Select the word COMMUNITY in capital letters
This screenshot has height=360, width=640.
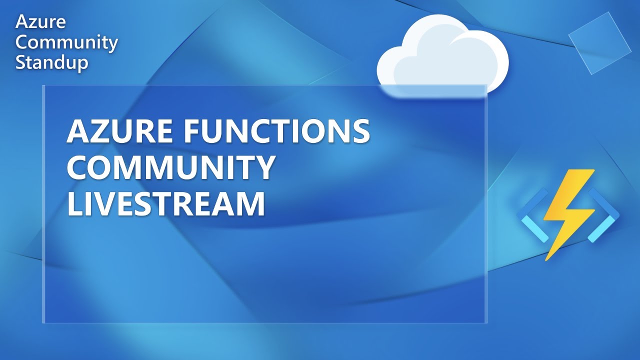171,168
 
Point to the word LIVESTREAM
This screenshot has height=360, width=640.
165,204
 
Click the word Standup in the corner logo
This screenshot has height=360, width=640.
52,63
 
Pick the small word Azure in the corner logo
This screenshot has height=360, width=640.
40,22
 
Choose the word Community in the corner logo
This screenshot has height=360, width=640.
66,42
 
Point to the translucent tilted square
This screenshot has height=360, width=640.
599,43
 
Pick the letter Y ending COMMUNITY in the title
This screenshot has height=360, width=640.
264,168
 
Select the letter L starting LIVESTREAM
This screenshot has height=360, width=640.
74,204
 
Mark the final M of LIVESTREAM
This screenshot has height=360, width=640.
250,204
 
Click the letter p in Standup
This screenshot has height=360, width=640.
82,65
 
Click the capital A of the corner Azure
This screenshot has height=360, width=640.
22,22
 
